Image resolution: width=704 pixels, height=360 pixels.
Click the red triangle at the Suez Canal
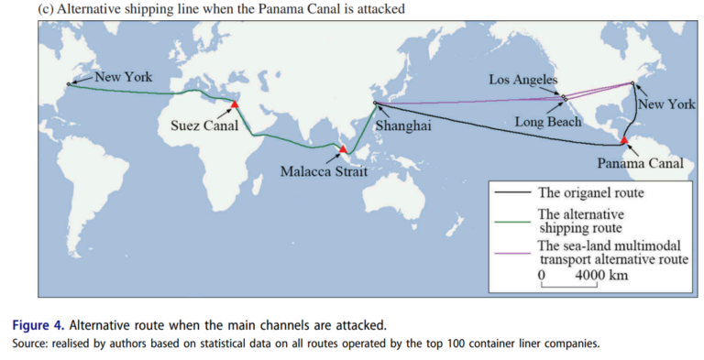point(234,104)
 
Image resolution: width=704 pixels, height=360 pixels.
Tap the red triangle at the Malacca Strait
point(343,149)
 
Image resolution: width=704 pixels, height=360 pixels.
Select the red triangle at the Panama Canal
point(624,140)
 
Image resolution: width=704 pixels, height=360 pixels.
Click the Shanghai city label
point(403,125)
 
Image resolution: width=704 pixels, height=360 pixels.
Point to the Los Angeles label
point(523,80)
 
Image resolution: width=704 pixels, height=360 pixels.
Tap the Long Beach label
point(548,122)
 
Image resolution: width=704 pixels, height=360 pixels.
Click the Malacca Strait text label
point(324,171)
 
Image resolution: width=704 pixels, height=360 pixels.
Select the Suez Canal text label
point(204,125)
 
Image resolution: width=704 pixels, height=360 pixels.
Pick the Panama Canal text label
point(640,163)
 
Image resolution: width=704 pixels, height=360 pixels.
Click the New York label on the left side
point(124,77)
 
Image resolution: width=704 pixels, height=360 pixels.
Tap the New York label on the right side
point(666,104)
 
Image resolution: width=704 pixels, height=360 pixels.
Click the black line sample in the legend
point(512,192)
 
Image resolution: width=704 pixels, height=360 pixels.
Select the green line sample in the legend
point(512,222)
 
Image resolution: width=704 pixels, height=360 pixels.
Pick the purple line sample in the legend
point(512,253)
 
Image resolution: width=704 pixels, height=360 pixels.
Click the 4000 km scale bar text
point(601,275)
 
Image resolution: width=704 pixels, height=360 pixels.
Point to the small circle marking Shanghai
point(375,103)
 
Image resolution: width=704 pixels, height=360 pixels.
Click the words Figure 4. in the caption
point(38,325)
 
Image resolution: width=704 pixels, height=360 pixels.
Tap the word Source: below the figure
point(30,344)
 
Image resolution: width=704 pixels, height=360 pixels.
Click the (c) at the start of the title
point(46,8)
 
